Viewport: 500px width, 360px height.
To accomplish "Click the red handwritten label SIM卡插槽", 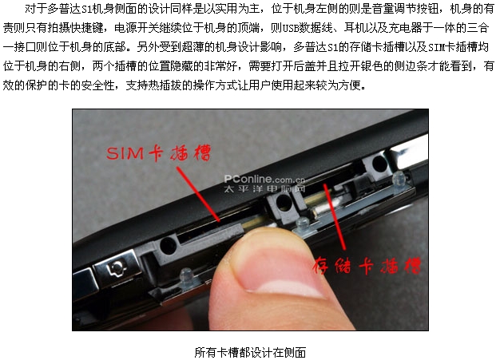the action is point(158,153).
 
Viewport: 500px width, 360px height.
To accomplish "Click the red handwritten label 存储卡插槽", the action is point(367,265).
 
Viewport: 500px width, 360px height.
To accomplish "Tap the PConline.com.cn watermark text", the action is point(264,179).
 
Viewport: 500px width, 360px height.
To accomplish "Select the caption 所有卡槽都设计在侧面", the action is point(250,352).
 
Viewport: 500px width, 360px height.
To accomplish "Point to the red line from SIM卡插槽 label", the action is point(198,194).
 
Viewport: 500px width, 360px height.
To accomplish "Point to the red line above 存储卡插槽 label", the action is point(335,216).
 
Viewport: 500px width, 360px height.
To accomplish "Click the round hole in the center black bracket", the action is point(284,202).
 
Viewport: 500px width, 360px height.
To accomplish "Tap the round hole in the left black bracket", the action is point(168,246).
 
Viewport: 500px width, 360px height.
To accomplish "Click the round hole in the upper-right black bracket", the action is point(379,164).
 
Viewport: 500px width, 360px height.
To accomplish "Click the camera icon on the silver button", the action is point(117,267).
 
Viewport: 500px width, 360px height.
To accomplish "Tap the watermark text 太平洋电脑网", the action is point(264,188).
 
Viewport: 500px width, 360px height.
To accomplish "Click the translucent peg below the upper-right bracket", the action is point(399,180).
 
